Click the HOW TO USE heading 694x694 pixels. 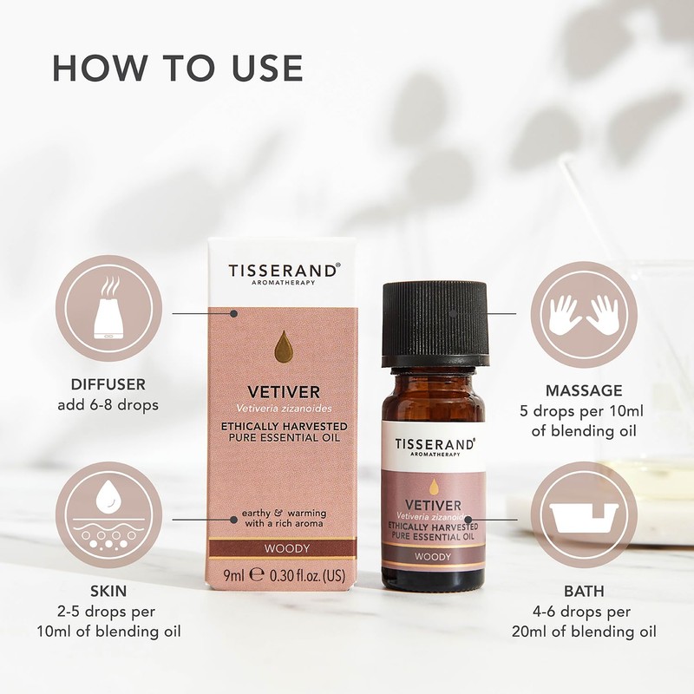click(178, 69)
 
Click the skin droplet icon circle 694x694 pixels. click(109, 514)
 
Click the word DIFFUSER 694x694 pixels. click(109, 383)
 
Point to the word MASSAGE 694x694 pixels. click(584, 390)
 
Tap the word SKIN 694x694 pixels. click(109, 592)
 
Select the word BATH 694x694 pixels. click(584, 592)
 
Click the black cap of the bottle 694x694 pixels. click(435, 322)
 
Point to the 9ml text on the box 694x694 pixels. click(232, 573)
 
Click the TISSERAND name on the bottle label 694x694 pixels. click(435, 444)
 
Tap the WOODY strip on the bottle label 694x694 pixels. click(432, 556)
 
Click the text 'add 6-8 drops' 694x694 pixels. click(109, 404)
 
